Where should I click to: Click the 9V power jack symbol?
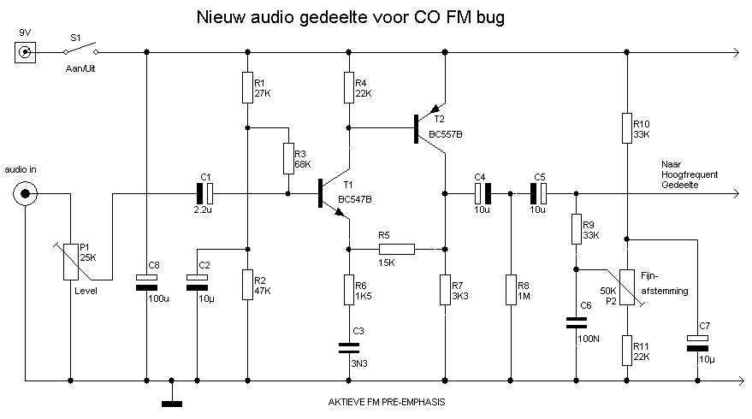26,53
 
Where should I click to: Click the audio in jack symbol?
26,194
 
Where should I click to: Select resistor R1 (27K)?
247,87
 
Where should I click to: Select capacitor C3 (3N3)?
348,347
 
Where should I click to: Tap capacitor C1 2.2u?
206,194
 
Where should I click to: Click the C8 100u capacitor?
146,282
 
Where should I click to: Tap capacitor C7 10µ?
698,343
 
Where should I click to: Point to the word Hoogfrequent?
689,174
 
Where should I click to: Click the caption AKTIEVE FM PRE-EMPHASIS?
387,402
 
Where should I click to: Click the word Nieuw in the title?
220,16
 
